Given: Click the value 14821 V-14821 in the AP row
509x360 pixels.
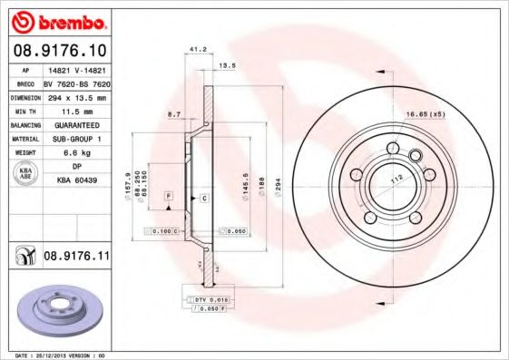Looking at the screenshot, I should click(x=76, y=69).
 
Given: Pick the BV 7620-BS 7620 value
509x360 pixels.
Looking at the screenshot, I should click(x=76, y=83).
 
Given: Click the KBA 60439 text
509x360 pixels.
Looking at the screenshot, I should click(x=76, y=181).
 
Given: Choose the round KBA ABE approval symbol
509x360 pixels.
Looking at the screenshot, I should click(x=24, y=174).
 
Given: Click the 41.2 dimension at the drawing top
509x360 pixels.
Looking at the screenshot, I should click(x=193, y=49).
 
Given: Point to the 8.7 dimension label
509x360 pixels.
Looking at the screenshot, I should click(x=175, y=115).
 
